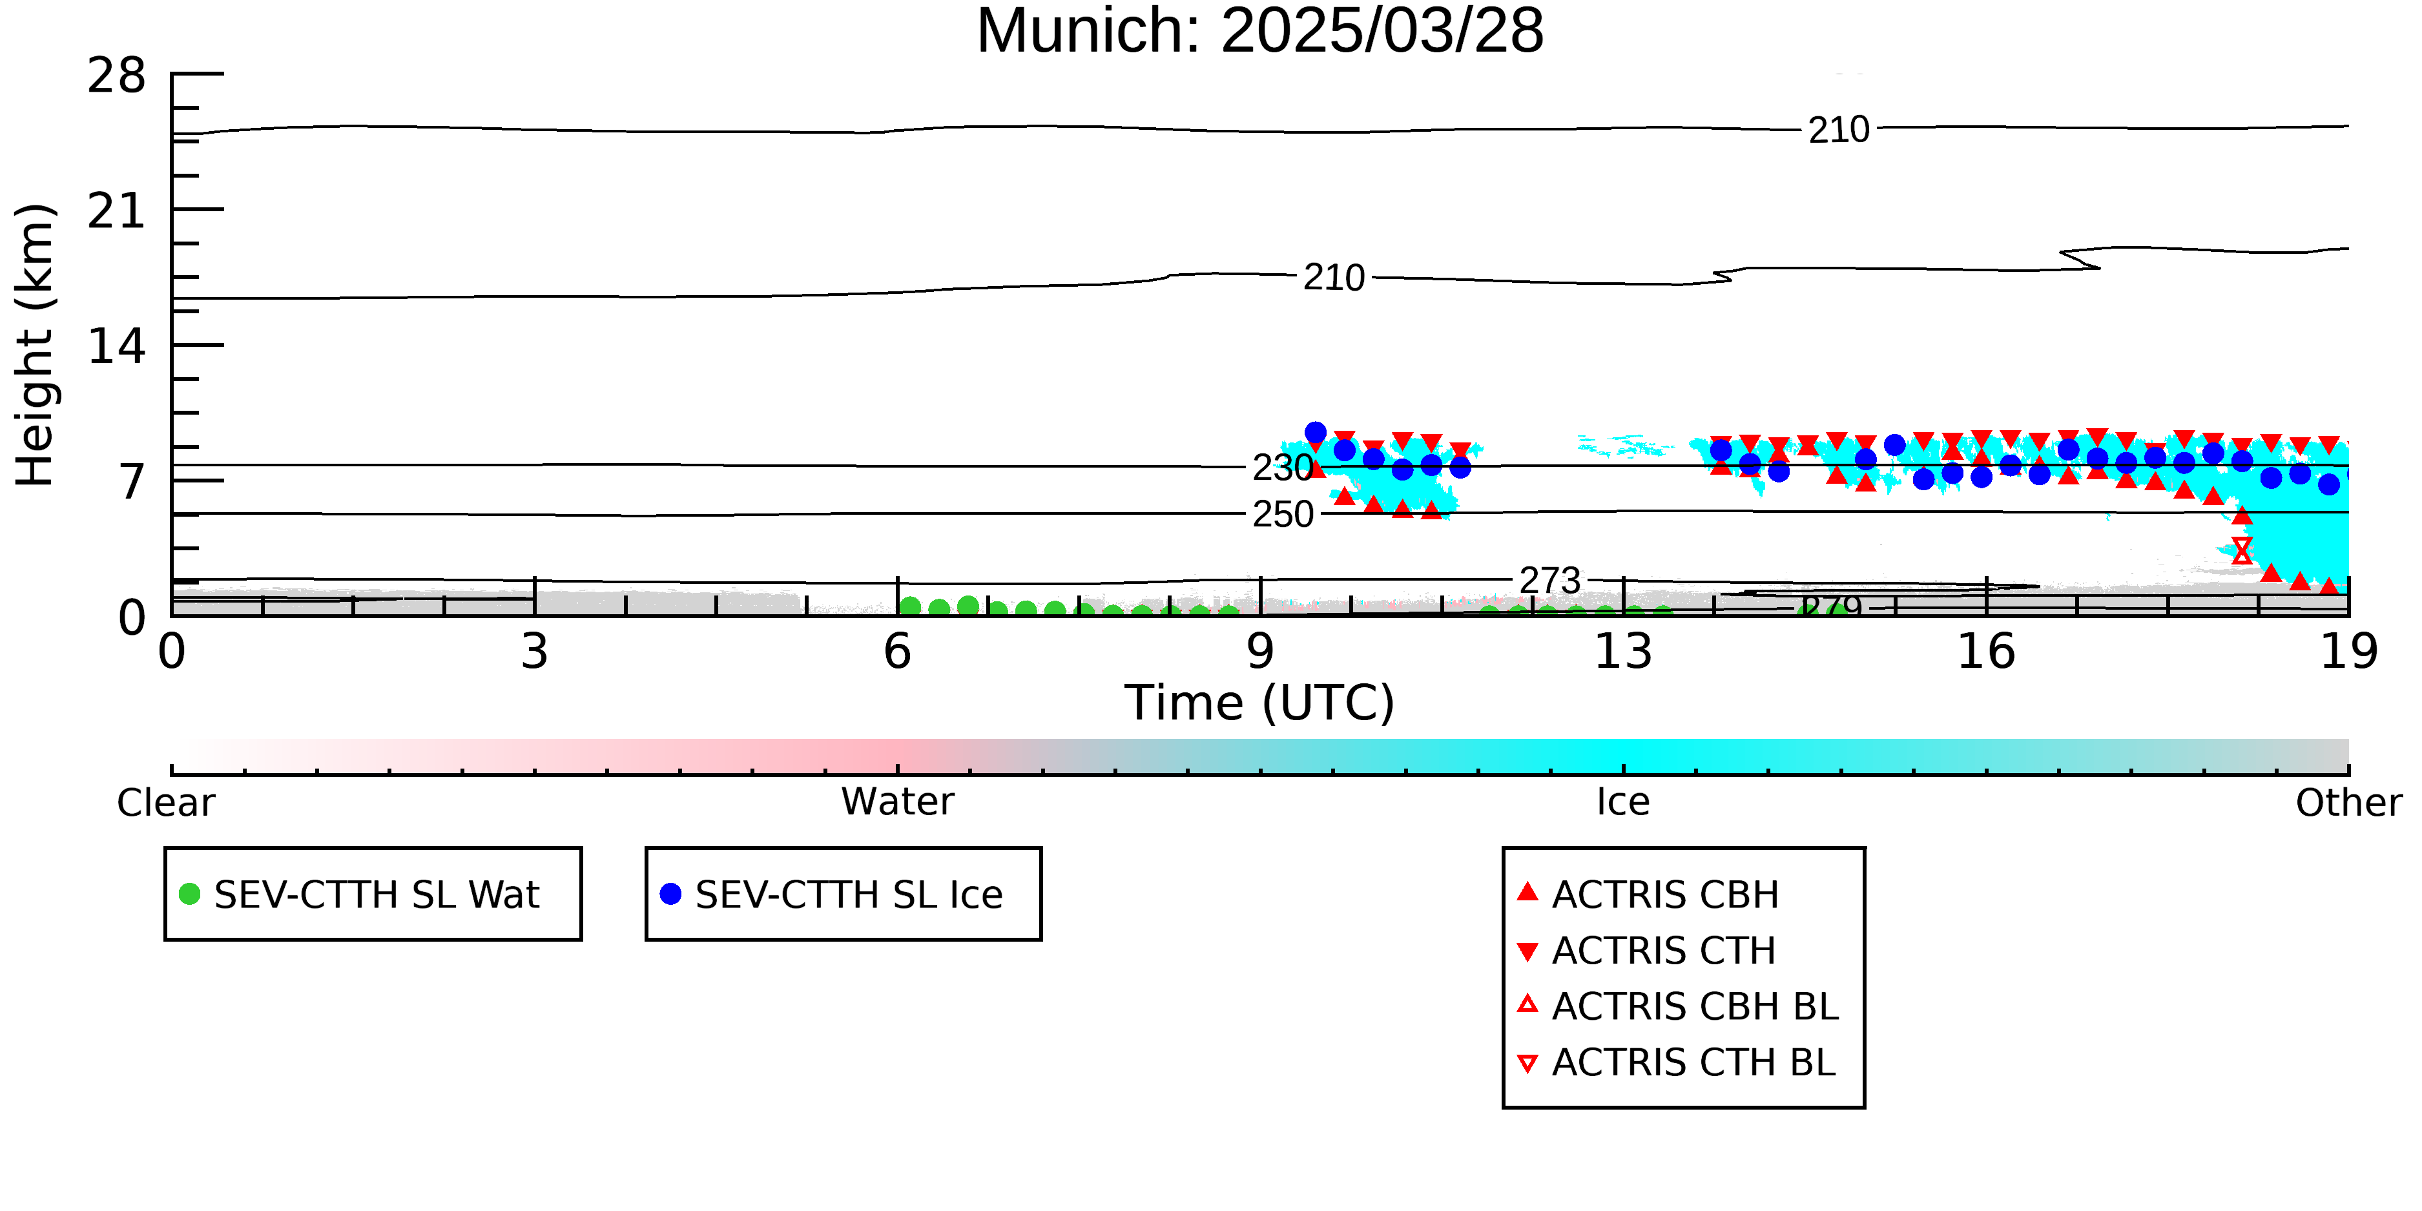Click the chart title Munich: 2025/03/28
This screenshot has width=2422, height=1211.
pyautogui.click(x=1260, y=31)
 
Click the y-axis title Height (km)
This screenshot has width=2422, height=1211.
pyautogui.click(x=35, y=345)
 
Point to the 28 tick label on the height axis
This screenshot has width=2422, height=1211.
pyautogui.click(x=117, y=75)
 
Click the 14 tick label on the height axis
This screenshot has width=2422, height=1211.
pyautogui.click(x=117, y=346)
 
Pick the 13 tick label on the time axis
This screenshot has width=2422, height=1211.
pyautogui.click(x=1623, y=652)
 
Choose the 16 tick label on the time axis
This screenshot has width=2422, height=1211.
pyautogui.click(x=1986, y=652)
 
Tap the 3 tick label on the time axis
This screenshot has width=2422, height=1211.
pyautogui.click(x=535, y=652)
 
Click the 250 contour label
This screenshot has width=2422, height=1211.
pyautogui.click(x=1283, y=514)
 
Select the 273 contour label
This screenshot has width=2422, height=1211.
pyautogui.click(x=1551, y=580)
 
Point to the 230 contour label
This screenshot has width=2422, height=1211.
pyautogui.click(x=1283, y=468)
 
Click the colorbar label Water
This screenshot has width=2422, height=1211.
pyautogui.click(x=898, y=802)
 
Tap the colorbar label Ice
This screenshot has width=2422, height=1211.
pyautogui.click(x=1623, y=802)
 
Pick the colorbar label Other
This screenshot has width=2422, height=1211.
pyautogui.click(x=2348, y=802)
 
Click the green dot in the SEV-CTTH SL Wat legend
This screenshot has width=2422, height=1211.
pyautogui.click(x=190, y=893)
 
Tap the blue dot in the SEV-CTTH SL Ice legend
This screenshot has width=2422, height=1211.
pyautogui.click(x=670, y=893)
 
